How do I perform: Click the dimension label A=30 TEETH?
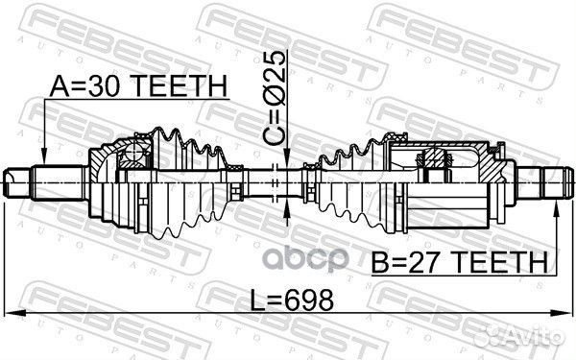[x=138, y=86]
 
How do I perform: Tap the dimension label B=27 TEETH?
[x=460, y=261]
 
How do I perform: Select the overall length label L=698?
[x=292, y=300]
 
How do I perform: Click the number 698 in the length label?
[x=311, y=300]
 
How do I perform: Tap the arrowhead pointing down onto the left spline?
[x=44, y=156]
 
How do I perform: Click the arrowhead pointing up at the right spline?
[x=557, y=209]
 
